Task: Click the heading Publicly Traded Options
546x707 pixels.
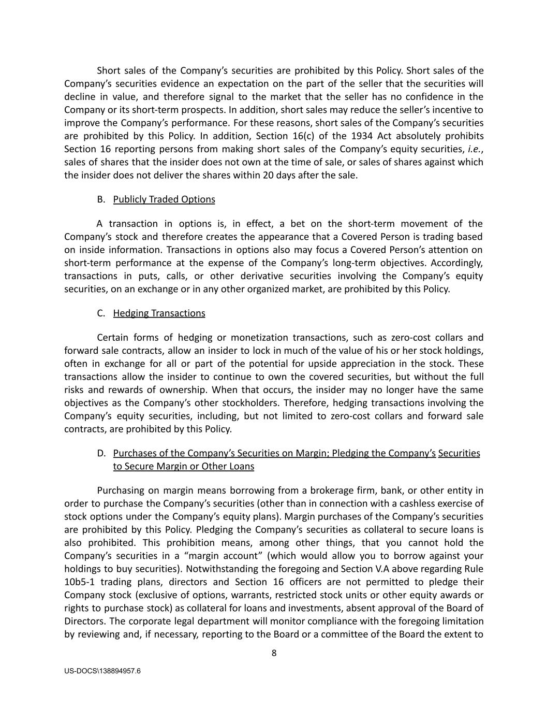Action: [164, 199]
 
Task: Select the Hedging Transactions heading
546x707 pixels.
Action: [159, 313]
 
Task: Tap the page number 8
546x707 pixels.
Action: [274, 653]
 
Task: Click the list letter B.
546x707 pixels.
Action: [101, 199]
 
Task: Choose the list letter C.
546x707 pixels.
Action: [101, 313]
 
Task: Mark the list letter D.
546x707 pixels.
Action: [101, 453]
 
